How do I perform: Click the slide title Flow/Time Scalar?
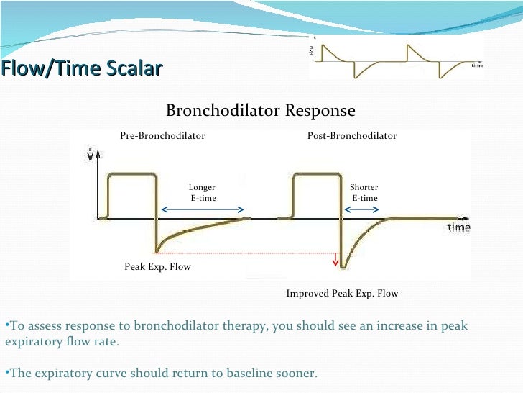click(x=81, y=68)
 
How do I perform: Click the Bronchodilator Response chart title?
click(x=260, y=111)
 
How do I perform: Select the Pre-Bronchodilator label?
click(x=162, y=135)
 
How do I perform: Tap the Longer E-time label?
click(x=201, y=193)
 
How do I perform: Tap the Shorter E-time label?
click(x=364, y=193)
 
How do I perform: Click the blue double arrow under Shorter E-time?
click(x=363, y=209)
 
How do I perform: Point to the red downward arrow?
click(x=335, y=259)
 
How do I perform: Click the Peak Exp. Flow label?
click(x=157, y=266)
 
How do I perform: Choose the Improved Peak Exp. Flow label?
click(x=342, y=293)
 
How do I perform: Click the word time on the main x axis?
click(x=459, y=227)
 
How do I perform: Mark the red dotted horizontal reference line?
click(x=244, y=253)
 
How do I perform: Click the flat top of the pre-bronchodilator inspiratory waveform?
click(x=131, y=173)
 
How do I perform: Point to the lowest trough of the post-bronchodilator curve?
click(x=343, y=267)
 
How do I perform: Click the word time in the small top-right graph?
click(x=477, y=65)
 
